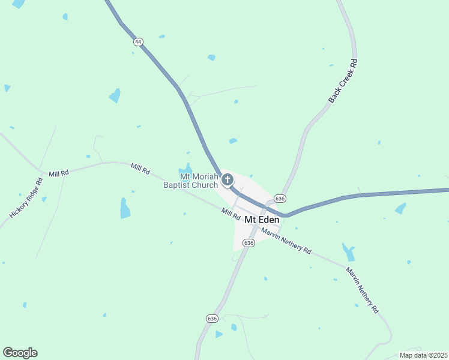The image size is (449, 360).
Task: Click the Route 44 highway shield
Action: pos(139,42)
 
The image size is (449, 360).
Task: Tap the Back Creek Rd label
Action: pos(343,80)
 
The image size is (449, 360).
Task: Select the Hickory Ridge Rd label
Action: pos(26,197)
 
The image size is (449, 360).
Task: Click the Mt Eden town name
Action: pos(262,220)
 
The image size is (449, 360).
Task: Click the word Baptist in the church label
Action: pos(183,185)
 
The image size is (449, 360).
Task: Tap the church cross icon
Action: pos(228,179)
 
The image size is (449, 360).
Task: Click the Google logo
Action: pos(20,353)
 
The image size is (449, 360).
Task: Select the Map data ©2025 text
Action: pos(423,355)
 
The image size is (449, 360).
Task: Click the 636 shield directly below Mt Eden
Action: pos(249,242)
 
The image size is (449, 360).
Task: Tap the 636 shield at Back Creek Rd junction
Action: pos(280,198)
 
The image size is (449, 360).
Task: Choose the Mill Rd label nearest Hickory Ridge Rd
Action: pos(59,173)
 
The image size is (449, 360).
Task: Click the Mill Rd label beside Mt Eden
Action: pos(231,212)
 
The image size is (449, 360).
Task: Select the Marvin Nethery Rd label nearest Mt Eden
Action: pos(286,242)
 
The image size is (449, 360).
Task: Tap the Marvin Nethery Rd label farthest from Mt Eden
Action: pos(363,290)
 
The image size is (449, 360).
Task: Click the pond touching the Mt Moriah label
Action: pos(186,170)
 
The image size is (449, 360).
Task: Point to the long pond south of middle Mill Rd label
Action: pos(125,208)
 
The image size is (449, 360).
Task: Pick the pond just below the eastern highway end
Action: pos(400,208)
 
